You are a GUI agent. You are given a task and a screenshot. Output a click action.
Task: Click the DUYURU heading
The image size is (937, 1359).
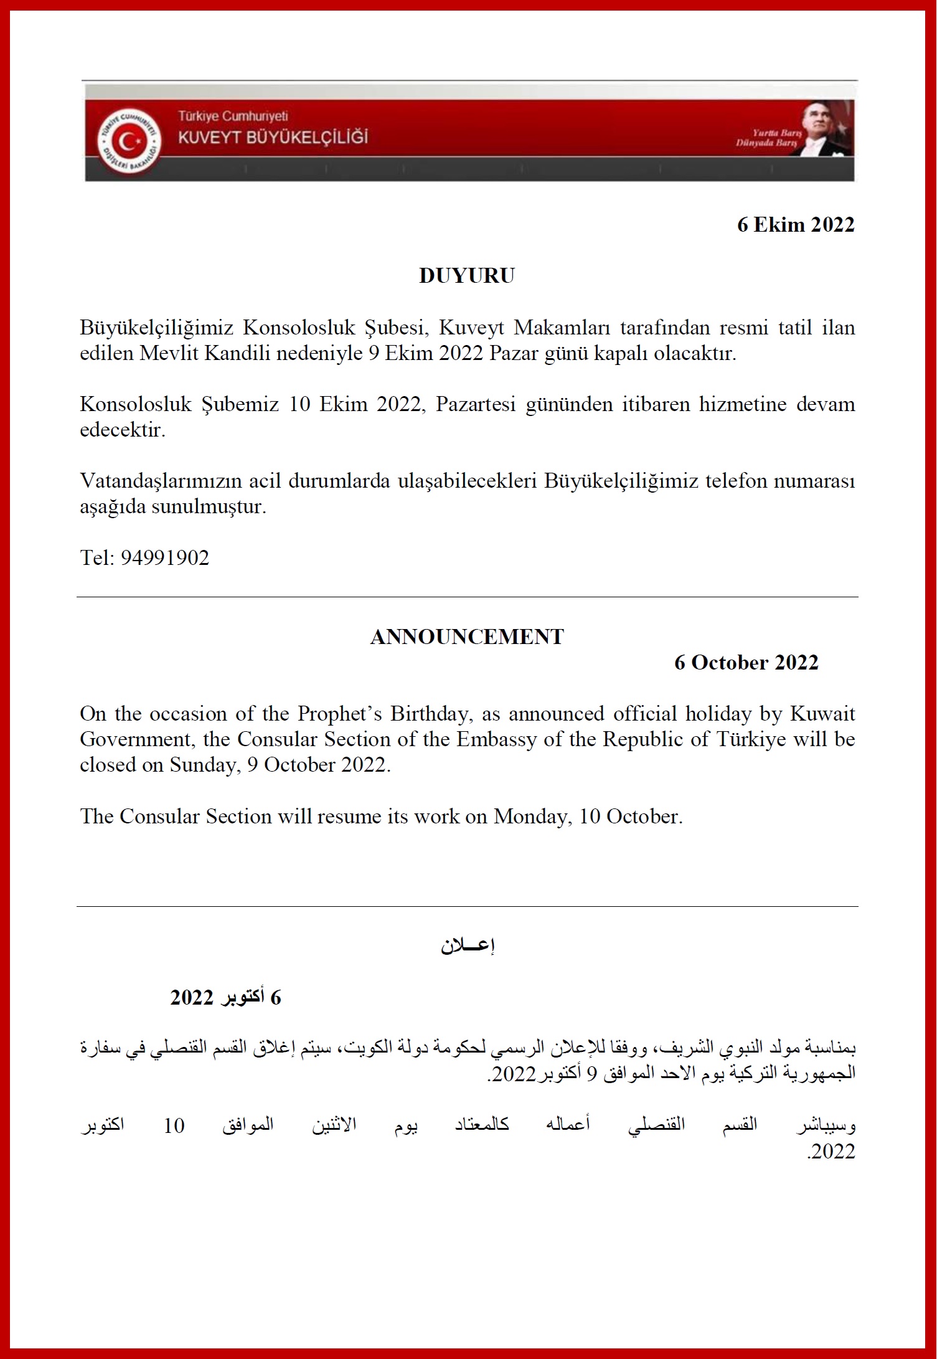pos(467,275)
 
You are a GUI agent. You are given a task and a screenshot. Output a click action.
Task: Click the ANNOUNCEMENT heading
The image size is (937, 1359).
pos(467,637)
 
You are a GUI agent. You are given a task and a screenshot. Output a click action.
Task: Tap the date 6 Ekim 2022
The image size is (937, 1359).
pos(795,224)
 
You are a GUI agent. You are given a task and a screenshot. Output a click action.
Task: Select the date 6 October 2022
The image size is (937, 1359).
pos(746,662)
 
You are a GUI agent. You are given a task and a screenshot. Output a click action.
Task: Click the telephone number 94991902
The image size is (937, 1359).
pos(165,557)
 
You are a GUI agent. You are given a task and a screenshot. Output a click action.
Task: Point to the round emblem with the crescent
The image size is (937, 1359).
pos(129,141)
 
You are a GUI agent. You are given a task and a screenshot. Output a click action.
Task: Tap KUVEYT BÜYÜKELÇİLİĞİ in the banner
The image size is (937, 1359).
pos(273,137)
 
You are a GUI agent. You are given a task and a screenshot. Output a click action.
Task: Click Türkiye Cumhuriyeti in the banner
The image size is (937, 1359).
pos(233,116)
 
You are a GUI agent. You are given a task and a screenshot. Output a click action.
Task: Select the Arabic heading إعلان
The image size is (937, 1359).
pos(468,945)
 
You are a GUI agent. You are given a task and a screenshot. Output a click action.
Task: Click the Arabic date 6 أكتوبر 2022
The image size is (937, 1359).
pos(225,997)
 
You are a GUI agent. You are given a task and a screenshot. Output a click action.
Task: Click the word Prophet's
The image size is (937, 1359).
pos(339,713)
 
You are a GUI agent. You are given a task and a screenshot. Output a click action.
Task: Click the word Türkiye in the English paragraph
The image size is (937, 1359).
pos(751,739)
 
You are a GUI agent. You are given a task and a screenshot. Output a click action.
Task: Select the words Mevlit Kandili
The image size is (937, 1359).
pos(205,353)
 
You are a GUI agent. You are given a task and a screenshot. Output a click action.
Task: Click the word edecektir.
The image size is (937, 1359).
pos(123,430)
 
